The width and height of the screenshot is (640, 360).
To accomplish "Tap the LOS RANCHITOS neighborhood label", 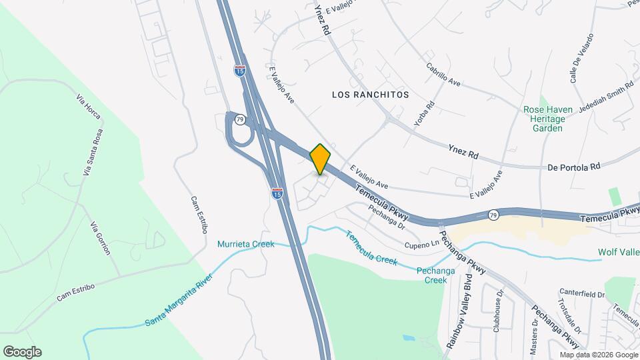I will click(x=370, y=95).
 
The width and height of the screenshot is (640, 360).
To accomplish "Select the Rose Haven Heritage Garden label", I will click(x=544, y=119).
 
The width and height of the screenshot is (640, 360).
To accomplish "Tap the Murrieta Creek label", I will click(x=245, y=244).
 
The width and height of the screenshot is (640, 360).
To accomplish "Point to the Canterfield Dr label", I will click(x=582, y=294).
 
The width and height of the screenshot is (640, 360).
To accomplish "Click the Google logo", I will click(x=22, y=352).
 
